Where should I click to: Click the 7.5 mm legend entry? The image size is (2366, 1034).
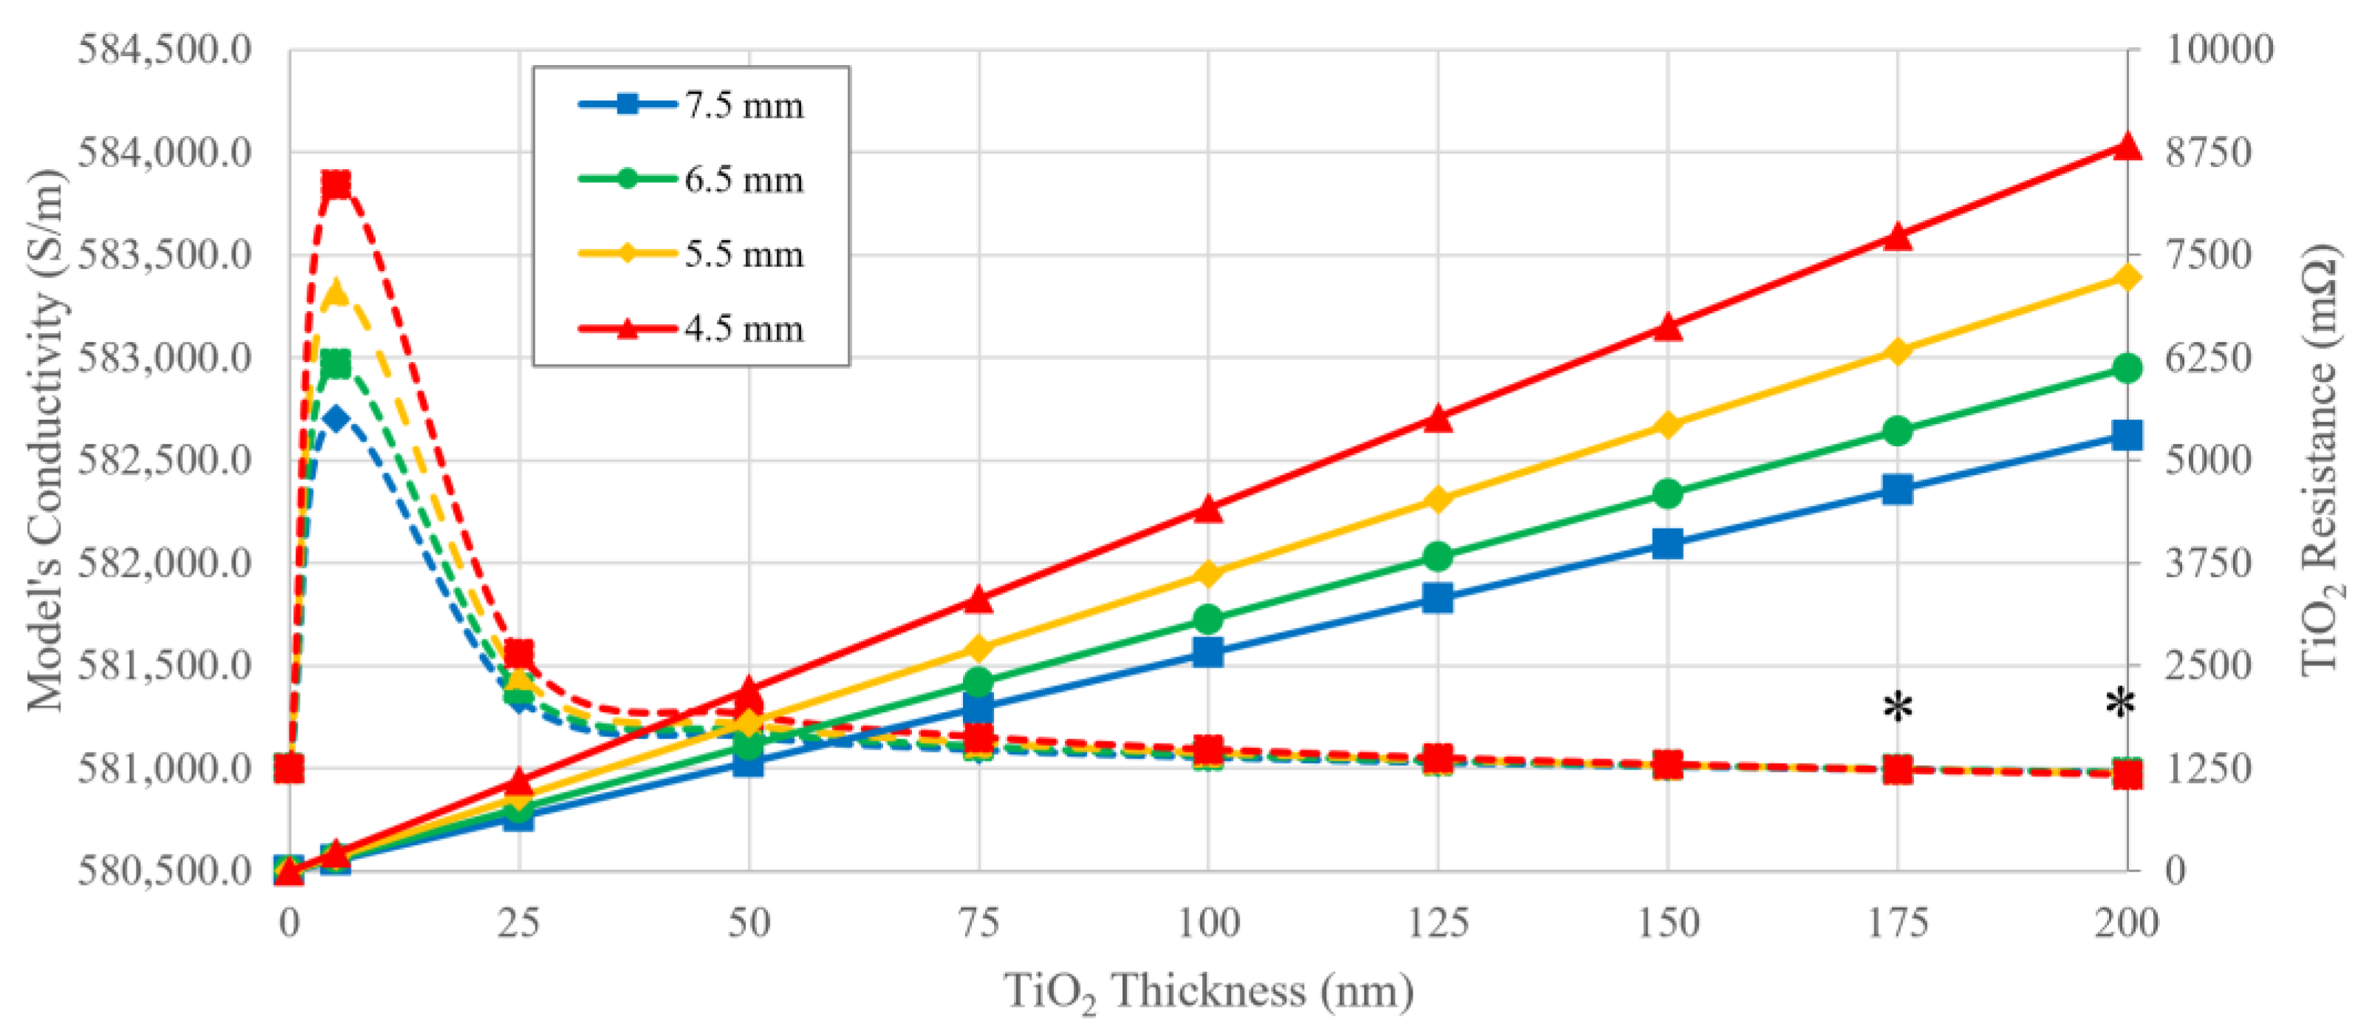(x=690, y=105)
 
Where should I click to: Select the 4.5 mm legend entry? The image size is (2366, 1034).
(x=690, y=328)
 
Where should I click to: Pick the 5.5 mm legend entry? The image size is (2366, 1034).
(x=690, y=253)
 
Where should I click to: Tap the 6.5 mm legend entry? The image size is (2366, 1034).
(x=690, y=179)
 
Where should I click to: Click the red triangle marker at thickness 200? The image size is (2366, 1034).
(x=2127, y=147)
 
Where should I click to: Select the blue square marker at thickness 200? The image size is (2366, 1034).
(x=2127, y=434)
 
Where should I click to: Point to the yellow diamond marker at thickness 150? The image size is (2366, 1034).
(x=1668, y=425)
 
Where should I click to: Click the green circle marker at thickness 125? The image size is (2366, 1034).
(x=1439, y=556)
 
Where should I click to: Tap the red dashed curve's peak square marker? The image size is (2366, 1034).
(x=336, y=185)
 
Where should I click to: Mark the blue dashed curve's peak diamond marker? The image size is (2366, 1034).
(x=336, y=420)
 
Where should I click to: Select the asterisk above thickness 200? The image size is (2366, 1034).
(x=2121, y=705)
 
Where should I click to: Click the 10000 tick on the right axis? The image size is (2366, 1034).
(x=2219, y=49)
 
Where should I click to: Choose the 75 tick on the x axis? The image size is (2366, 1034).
(x=979, y=922)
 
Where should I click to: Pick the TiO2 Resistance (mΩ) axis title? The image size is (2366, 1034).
(x=2322, y=459)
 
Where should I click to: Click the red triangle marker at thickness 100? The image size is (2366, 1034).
(x=1209, y=509)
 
